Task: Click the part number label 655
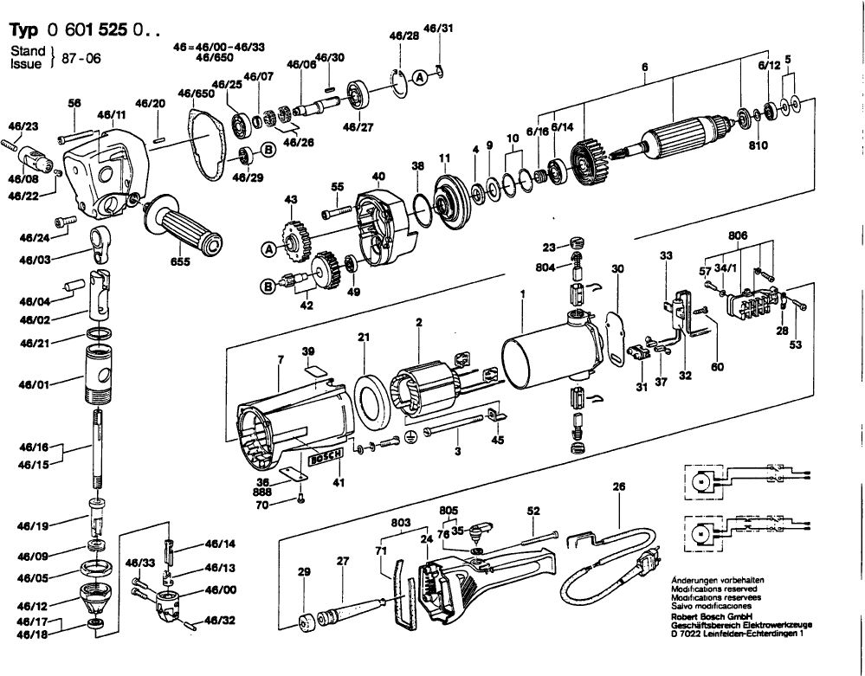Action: click(x=181, y=261)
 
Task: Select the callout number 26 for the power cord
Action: click(x=617, y=486)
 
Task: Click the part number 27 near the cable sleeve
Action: click(x=342, y=560)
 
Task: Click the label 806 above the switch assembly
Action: click(x=739, y=235)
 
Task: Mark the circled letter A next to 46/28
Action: click(x=420, y=77)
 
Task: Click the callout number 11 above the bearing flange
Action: click(x=445, y=158)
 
